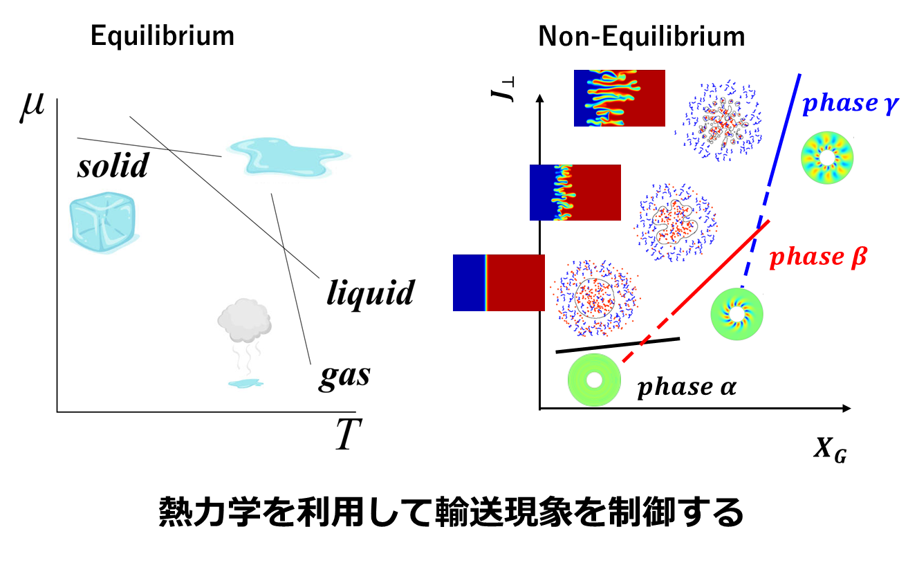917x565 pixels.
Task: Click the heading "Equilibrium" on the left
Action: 162,36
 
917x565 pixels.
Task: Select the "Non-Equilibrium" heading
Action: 642,36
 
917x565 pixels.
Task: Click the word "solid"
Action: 113,166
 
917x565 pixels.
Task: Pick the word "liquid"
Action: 371,293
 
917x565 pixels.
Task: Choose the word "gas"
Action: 344,376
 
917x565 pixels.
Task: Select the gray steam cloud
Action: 245,322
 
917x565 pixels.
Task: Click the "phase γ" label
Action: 849,104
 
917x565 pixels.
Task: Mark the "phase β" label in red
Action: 818,257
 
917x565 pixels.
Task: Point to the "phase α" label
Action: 686,387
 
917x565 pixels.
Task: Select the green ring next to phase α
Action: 593,379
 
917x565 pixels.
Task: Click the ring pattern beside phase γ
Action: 826,158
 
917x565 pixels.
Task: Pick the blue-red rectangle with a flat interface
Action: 499,283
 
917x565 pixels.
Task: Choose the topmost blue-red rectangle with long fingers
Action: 619,98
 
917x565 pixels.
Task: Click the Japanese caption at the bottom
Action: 451,513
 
